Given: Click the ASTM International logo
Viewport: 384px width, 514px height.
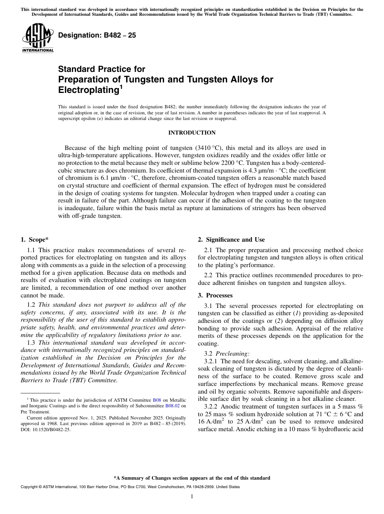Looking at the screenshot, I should click(38, 38).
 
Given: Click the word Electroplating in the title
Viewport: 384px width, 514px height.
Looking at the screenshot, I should click(88, 89).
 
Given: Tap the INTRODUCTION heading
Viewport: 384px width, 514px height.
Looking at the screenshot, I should click(192, 133).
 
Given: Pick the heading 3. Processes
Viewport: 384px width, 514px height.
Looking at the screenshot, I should click(215, 295).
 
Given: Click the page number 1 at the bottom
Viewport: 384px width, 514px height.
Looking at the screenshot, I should click(192, 497).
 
